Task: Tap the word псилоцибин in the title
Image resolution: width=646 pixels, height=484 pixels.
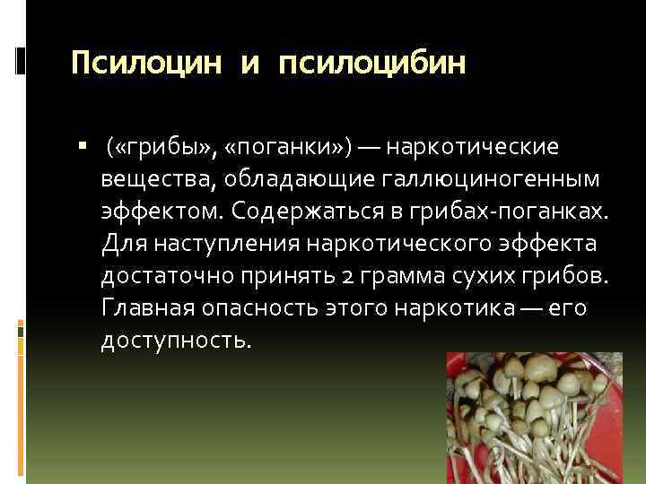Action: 373,64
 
